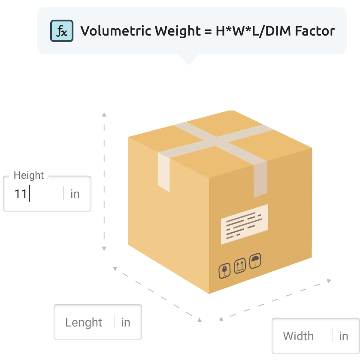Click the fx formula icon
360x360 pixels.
tap(62, 30)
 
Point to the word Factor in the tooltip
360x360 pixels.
tap(315, 31)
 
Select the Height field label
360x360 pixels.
tap(29, 175)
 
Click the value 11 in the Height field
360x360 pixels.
tap(20, 194)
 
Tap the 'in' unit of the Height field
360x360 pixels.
tap(75, 194)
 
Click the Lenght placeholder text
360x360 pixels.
tap(84, 323)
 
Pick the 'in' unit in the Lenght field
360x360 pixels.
tap(125, 322)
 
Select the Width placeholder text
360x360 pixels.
tap(298, 336)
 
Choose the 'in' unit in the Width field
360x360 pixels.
tap(343, 336)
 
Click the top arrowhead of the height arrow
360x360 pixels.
tap(104, 114)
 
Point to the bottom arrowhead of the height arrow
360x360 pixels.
tap(104, 249)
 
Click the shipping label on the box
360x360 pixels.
tap(244, 224)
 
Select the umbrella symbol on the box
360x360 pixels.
tap(255, 261)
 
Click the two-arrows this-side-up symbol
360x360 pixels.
tap(240, 265)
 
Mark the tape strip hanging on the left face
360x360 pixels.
tap(163, 172)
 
